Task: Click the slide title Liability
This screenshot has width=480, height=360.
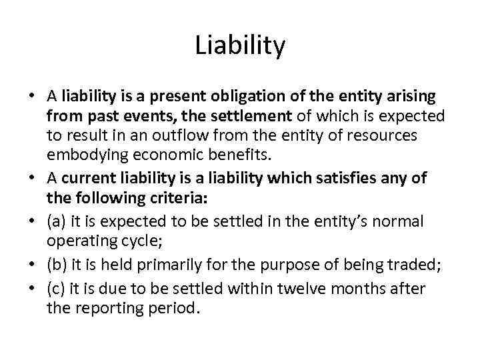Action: click(240, 46)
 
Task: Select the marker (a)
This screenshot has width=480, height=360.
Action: click(57, 221)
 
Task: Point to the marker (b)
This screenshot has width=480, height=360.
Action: click(57, 265)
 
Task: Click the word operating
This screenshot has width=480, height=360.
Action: click(77, 241)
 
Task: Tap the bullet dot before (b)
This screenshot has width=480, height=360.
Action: click(32, 265)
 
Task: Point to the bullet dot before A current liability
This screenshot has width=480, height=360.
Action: click(32, 179)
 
